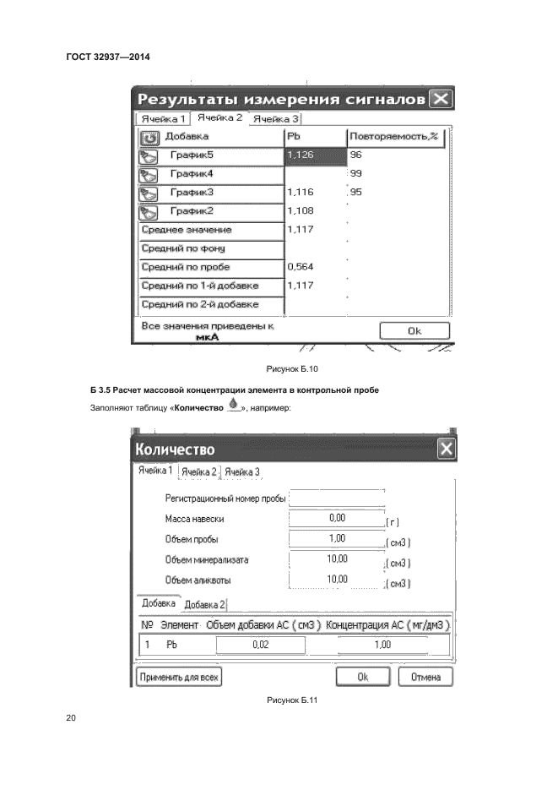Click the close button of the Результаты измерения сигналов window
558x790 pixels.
point(441,100)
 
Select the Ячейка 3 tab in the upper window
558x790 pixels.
point(276,119)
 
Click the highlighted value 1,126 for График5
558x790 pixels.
point(316,155)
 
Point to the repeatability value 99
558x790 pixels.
point(355,173)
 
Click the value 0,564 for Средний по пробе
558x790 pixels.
point(301,266)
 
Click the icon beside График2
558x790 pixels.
point(149,210)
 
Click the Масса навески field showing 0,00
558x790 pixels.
point(336,516)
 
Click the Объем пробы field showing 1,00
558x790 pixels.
point(336,537)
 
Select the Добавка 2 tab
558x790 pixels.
point(205,604)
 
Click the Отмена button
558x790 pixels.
point(426,677)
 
